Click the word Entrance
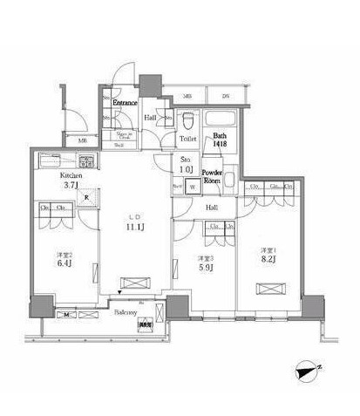click(x=126, y=101)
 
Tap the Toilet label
click(x=187, y=138)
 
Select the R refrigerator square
click(x=86, y=196)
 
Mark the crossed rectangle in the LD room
click(x=134, y=283)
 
